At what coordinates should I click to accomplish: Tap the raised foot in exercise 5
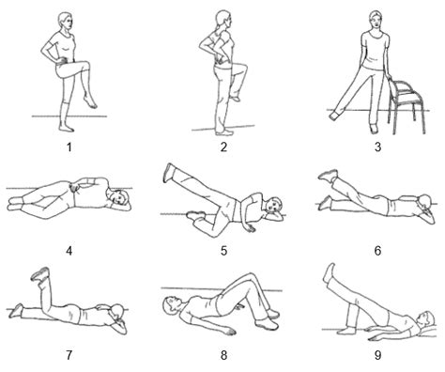169,170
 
